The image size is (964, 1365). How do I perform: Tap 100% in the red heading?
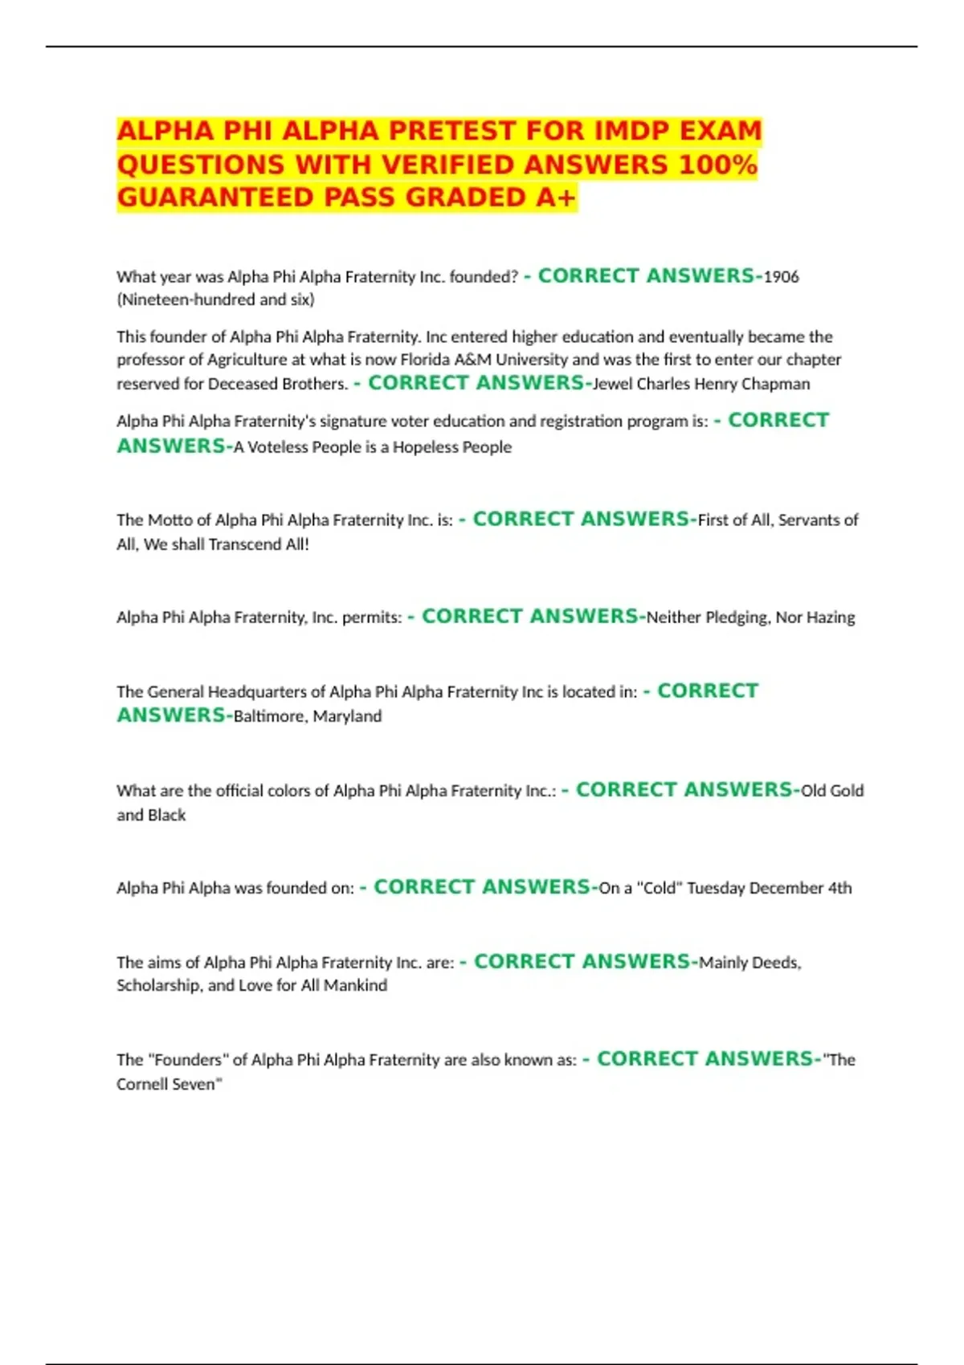(718, 165)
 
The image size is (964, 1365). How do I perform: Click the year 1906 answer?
(781, 277)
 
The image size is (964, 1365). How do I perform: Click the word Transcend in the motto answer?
(240, 544)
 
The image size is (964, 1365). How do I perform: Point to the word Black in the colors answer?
(166, 815)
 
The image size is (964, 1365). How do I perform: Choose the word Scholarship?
(158, 985)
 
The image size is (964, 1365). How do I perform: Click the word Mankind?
(355, 985)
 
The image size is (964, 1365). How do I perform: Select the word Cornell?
(145, 1084)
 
